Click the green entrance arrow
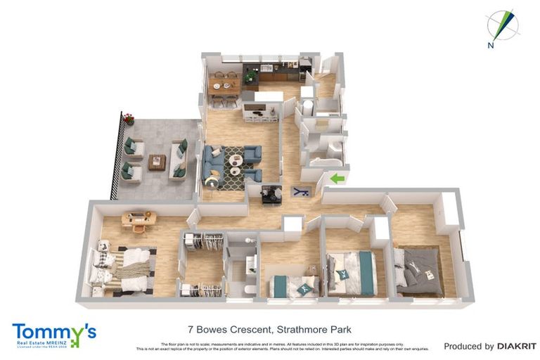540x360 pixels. tap(337, 179)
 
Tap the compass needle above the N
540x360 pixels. tap(504, 24)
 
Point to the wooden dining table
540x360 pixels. tap(223, 89)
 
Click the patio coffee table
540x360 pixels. tap(157, 162)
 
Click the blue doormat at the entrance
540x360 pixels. tap(300, 191)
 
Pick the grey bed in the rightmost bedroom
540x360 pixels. tap(419, 271)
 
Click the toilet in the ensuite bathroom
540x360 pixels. tap(250, 288)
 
